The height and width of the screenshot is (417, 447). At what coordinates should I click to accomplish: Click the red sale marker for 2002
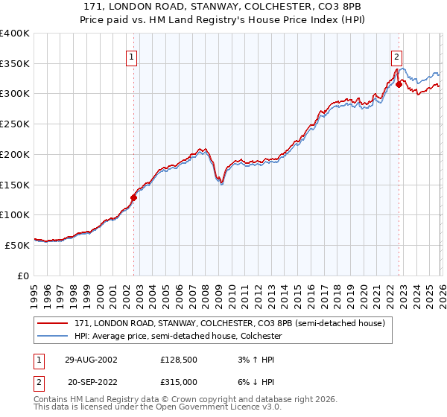pos(134,197)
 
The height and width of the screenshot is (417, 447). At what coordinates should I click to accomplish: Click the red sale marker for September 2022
pos(399,84)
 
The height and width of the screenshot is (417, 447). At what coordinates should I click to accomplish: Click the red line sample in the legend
pos(52,323)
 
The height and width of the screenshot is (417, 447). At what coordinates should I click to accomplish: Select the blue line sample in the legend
pos(52,336)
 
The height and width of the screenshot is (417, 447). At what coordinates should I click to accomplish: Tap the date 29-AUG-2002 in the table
pos(92,360)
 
